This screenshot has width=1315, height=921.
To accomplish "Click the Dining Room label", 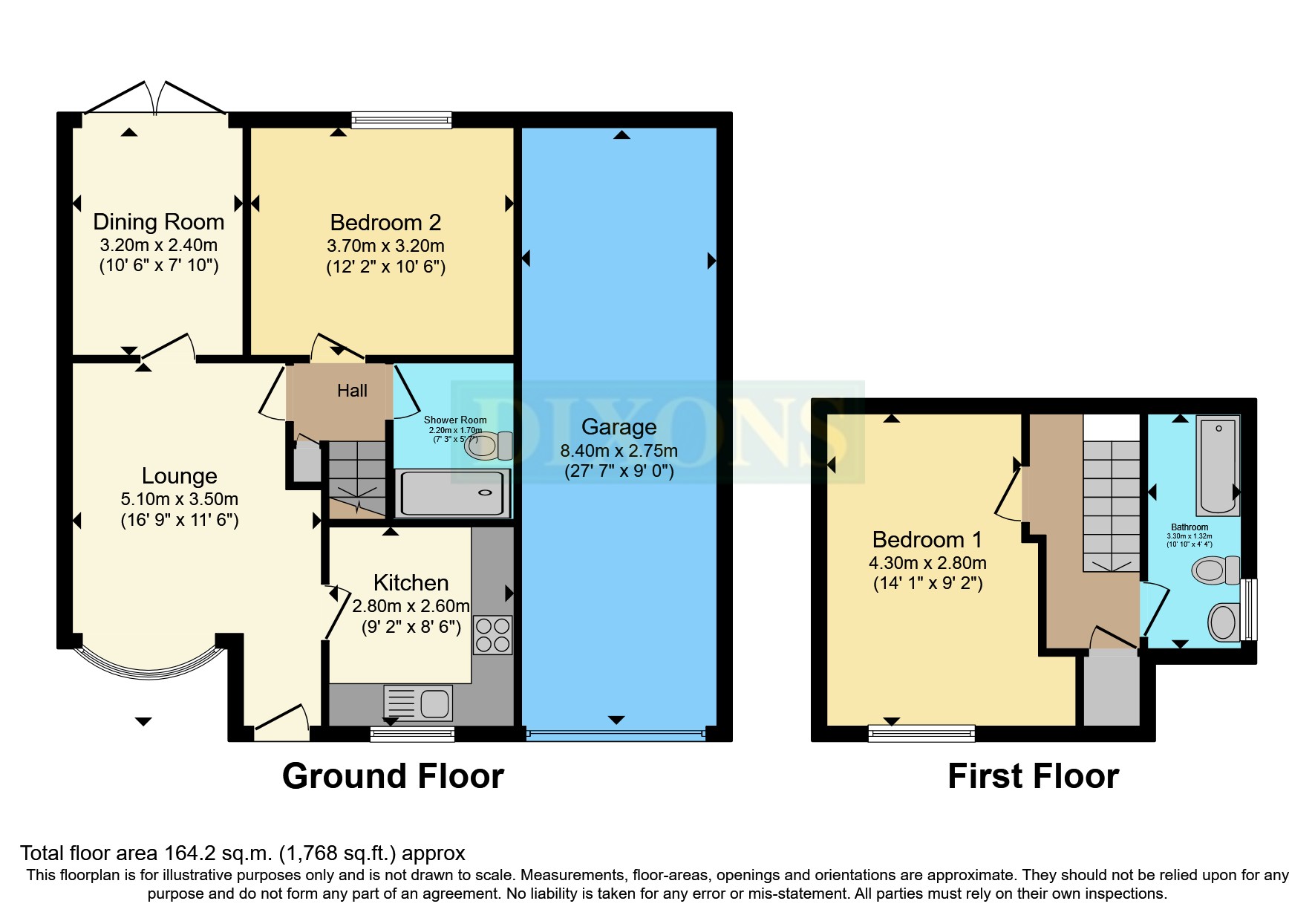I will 158,221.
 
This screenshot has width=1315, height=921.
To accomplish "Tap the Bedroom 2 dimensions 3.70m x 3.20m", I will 385,246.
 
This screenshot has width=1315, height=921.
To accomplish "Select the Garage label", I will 619,426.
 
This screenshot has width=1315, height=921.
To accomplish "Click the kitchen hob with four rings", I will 492,635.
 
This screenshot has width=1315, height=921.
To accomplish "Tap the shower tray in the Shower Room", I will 452,492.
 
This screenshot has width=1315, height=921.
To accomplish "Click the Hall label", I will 352,391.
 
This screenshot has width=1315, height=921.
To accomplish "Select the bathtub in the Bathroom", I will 1218,464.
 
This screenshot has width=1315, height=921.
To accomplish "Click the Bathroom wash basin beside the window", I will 1223,621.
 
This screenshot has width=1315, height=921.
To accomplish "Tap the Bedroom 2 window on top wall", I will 401,120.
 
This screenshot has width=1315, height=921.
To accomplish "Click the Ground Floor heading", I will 393,776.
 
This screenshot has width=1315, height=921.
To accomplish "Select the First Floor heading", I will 1033,776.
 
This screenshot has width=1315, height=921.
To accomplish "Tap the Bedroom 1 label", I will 927,539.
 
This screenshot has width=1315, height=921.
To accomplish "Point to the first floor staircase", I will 1111,505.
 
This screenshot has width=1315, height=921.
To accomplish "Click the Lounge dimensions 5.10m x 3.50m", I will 179,499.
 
